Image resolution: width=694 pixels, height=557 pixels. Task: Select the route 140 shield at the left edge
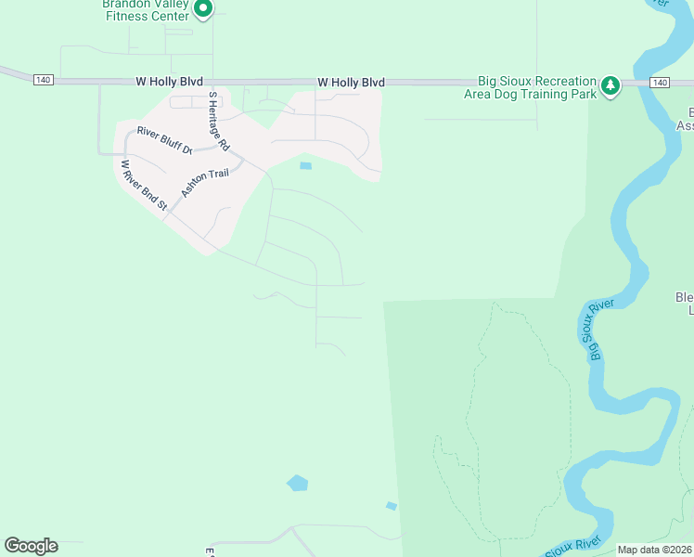coord(43,81)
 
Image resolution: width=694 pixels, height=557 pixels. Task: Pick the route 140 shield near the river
coord(659,83)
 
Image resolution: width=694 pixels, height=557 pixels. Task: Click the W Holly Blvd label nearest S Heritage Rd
coord(169,83)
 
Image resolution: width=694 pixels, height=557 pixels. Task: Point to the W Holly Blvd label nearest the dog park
coord(351,83)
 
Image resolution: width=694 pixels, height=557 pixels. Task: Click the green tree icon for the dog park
coord(610,85)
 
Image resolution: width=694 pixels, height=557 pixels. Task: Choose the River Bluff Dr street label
coord(163,140)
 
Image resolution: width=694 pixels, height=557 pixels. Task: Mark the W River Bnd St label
coord(142,185)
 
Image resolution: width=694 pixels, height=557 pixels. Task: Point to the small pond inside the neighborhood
coord(305,166)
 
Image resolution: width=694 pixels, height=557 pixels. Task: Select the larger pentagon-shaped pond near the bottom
coord(297,483)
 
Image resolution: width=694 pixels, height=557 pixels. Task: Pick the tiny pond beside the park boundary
coord(392,506)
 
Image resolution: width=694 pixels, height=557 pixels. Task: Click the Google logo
coord(31,546)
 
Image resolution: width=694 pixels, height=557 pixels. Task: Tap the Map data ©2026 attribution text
coord(655,550)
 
